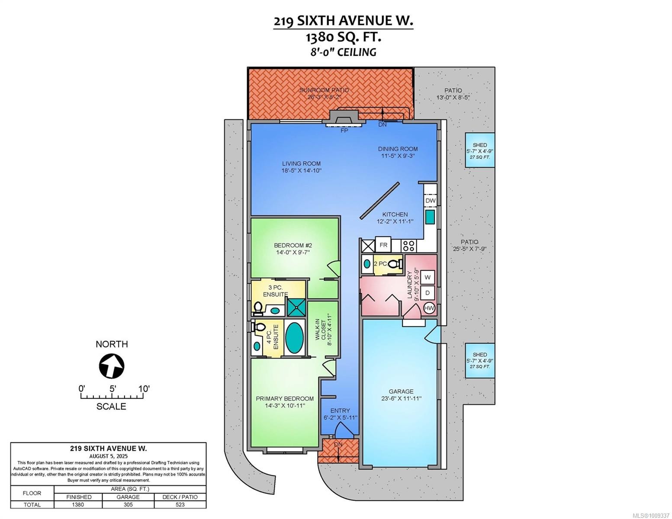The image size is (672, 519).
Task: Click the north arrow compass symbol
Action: click(112, 366)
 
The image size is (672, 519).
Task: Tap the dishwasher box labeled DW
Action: click(430, 201)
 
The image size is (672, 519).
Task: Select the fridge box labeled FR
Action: click(383, 245)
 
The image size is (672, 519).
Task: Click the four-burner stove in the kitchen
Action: click(408, 246)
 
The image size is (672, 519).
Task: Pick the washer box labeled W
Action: click(428, 277)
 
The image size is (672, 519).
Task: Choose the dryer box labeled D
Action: click(428, 293)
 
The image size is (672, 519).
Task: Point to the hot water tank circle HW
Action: click(429, 308)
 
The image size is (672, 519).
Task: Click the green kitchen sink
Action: click(430, 217)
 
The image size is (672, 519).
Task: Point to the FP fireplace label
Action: click(344, 130)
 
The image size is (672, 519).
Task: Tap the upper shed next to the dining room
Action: click(479, 151)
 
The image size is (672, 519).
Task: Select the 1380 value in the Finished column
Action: click(78, 504)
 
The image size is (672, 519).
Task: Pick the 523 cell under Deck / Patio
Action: click(180, 504)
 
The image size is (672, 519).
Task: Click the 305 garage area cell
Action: click(128, 504)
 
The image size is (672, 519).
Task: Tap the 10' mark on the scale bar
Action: click(144, 388)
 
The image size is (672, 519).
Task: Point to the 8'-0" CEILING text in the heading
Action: click(343, 52)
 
